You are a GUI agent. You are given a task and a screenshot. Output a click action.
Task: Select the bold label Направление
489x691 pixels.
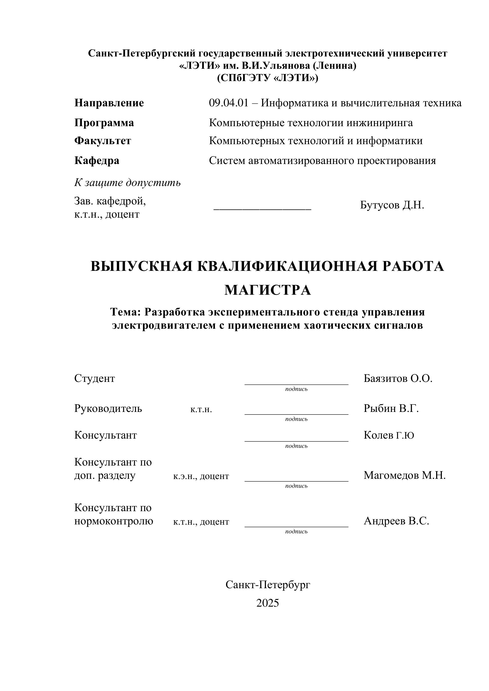point(109,103)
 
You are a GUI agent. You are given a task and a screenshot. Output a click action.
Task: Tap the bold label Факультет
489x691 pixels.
point(103,141)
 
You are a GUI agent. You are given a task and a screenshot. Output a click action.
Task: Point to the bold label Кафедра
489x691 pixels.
point(97,161)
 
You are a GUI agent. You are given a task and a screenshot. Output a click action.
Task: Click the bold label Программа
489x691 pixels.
point(104,123)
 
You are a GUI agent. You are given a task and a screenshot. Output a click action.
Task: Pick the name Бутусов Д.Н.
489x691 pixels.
point(392,205)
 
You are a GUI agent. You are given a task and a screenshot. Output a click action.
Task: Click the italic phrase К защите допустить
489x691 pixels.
point(127,183)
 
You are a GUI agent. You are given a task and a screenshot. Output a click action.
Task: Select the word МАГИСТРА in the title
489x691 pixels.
point(268,290)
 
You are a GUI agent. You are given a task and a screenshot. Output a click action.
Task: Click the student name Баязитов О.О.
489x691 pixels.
point(398,379)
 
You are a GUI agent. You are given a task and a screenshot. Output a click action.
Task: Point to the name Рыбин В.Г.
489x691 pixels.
point(391,409)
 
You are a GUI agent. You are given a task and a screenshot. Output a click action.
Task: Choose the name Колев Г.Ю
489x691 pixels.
point(389,435)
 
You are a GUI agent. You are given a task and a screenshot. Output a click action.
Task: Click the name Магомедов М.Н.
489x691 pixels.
point(404,475)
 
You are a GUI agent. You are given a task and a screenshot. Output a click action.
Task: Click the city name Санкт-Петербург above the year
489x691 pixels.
point(268,585)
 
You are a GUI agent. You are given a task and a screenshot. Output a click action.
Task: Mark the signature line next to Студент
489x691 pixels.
point(296,384)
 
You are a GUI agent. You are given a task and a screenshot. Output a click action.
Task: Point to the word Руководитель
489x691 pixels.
point(108,409)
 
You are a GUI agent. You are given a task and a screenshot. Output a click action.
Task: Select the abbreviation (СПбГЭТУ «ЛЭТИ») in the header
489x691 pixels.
point(268,78)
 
